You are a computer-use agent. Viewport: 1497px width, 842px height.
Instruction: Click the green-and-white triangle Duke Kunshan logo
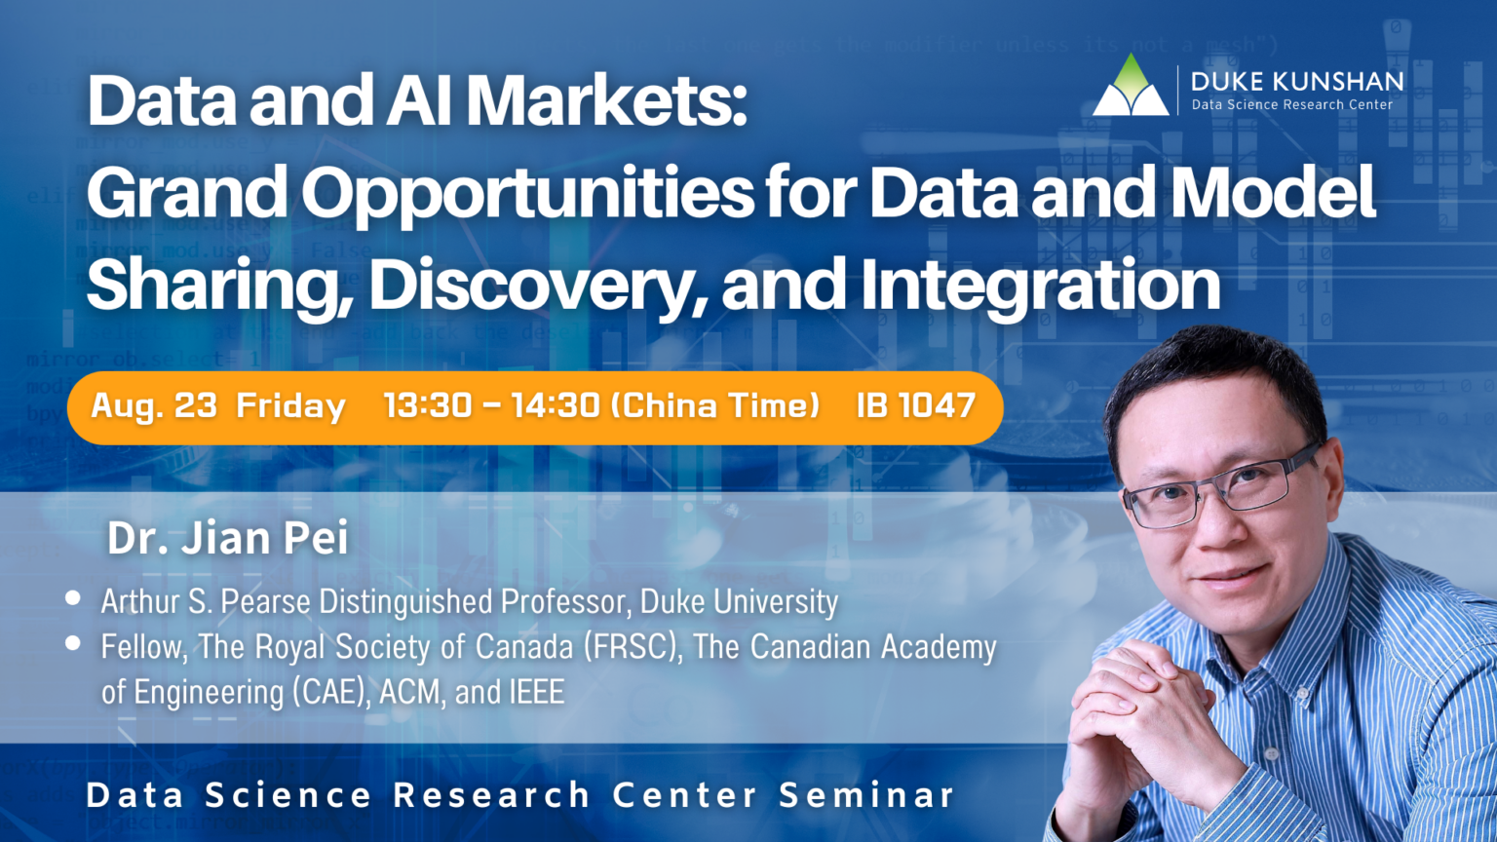[x=1130, y=87]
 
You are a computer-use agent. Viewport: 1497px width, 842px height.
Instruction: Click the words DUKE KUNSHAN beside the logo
[x=1296, y=81]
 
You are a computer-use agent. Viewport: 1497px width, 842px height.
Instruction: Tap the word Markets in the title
[x=606, y=101]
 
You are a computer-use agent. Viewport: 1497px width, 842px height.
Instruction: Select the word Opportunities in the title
[x=527, y=193]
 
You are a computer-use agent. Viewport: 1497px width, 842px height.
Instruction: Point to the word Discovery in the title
[x=537, y=285]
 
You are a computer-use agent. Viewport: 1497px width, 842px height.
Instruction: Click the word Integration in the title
[x=1040, y=285]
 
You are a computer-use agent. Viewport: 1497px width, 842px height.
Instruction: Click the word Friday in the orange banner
[x=290, y=406]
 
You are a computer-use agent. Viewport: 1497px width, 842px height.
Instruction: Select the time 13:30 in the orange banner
[x=428, y=405]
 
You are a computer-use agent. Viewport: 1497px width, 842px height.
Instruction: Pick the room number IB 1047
[x=915, y=405]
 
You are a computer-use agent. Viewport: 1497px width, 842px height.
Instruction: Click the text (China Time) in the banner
[x=714, y=405]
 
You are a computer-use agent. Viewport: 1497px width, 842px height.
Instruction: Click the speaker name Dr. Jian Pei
[x=227, y=538]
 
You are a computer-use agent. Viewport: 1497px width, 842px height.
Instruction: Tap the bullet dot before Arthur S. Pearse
[x=73, y=598]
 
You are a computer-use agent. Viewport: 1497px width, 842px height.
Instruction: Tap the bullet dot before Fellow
[x=73, y=643]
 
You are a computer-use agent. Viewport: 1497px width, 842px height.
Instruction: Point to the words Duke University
[x=739, y=602]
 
